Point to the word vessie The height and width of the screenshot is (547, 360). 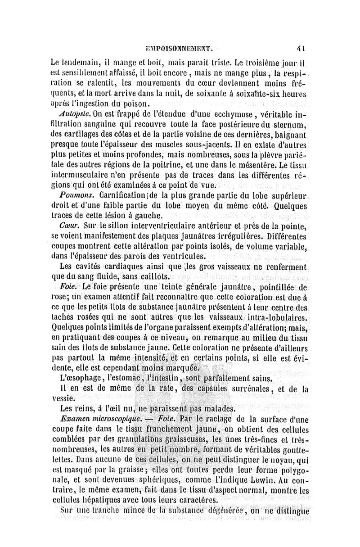pyautogui.click(x=62, y=398)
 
